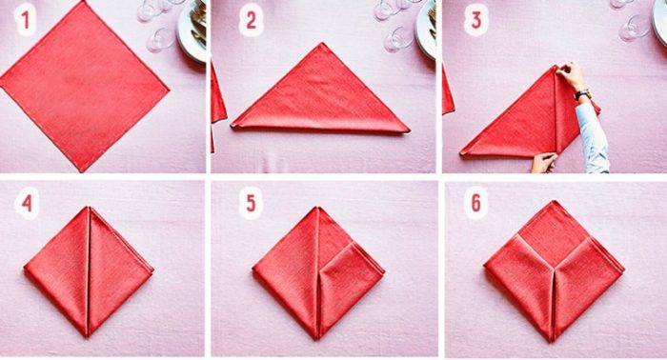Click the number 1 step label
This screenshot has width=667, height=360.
(x=26, y=21)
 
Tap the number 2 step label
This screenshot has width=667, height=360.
(x=251, y=21)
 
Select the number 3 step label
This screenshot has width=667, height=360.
(x=476, y=20)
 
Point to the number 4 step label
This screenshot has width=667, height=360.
(x=27, y=204)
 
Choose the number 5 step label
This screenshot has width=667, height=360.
(x=251, y=204)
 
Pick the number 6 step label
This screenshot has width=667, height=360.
(x=476, y=204)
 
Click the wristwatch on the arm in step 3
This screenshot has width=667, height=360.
(x=582, y=94)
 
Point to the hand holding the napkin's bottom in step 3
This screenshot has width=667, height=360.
(x=543, y=163)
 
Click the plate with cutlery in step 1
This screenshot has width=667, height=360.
(x=192, y=30)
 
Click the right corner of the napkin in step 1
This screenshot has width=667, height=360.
(x=169, y=90)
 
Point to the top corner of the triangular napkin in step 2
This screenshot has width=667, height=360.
(x=322, y=44)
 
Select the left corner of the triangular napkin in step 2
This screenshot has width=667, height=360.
(x=232, y=126)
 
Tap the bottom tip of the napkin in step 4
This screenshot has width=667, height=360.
(x=88, y=336)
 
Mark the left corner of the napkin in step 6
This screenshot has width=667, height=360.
(x=485, y=266)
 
